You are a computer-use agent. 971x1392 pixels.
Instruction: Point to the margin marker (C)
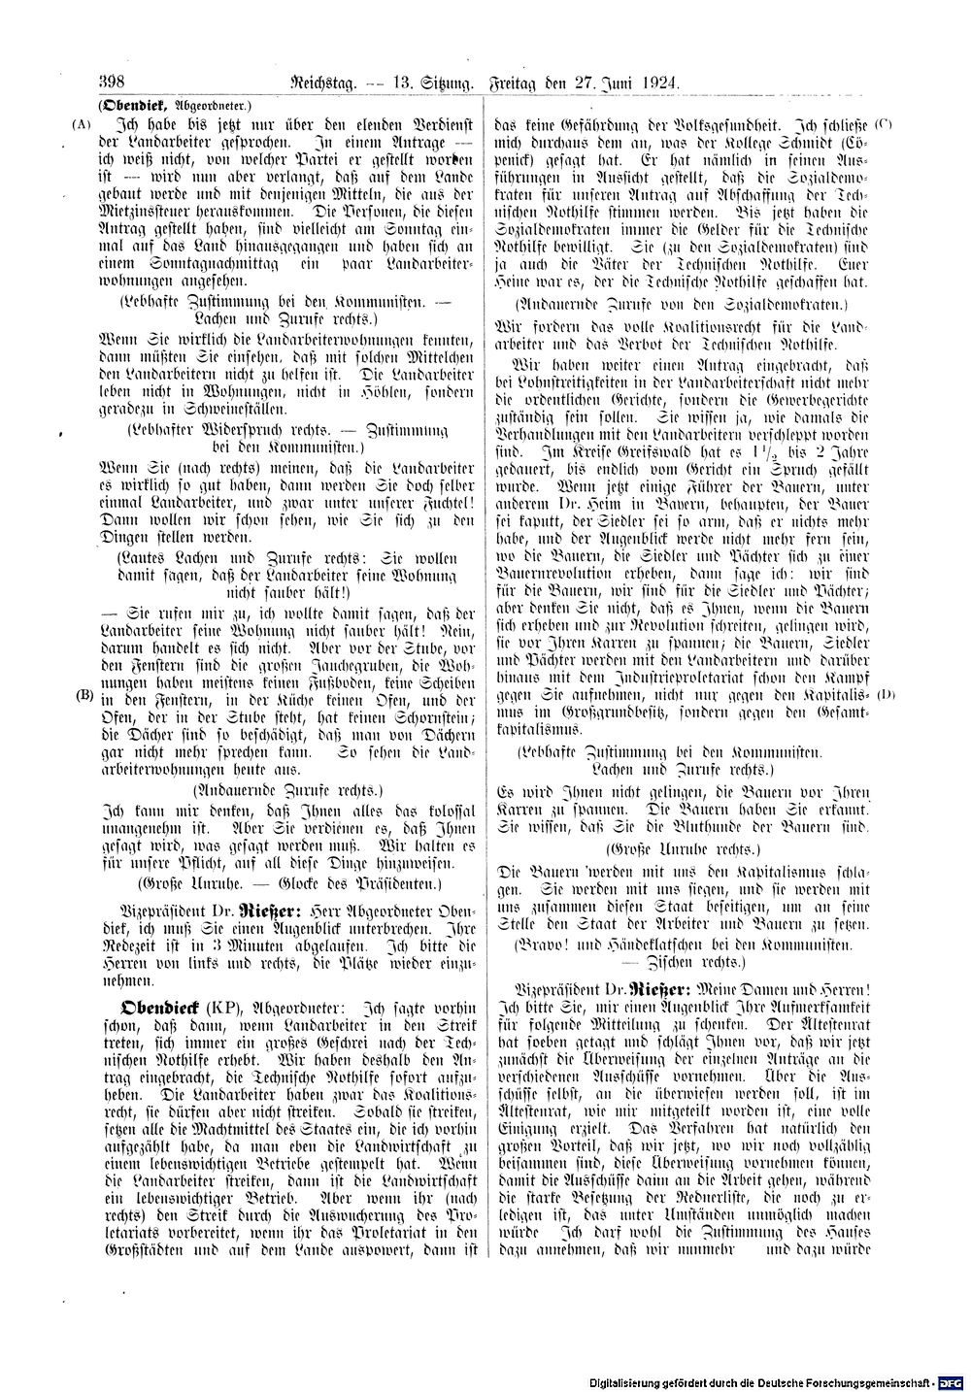click(x=883, y=124)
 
